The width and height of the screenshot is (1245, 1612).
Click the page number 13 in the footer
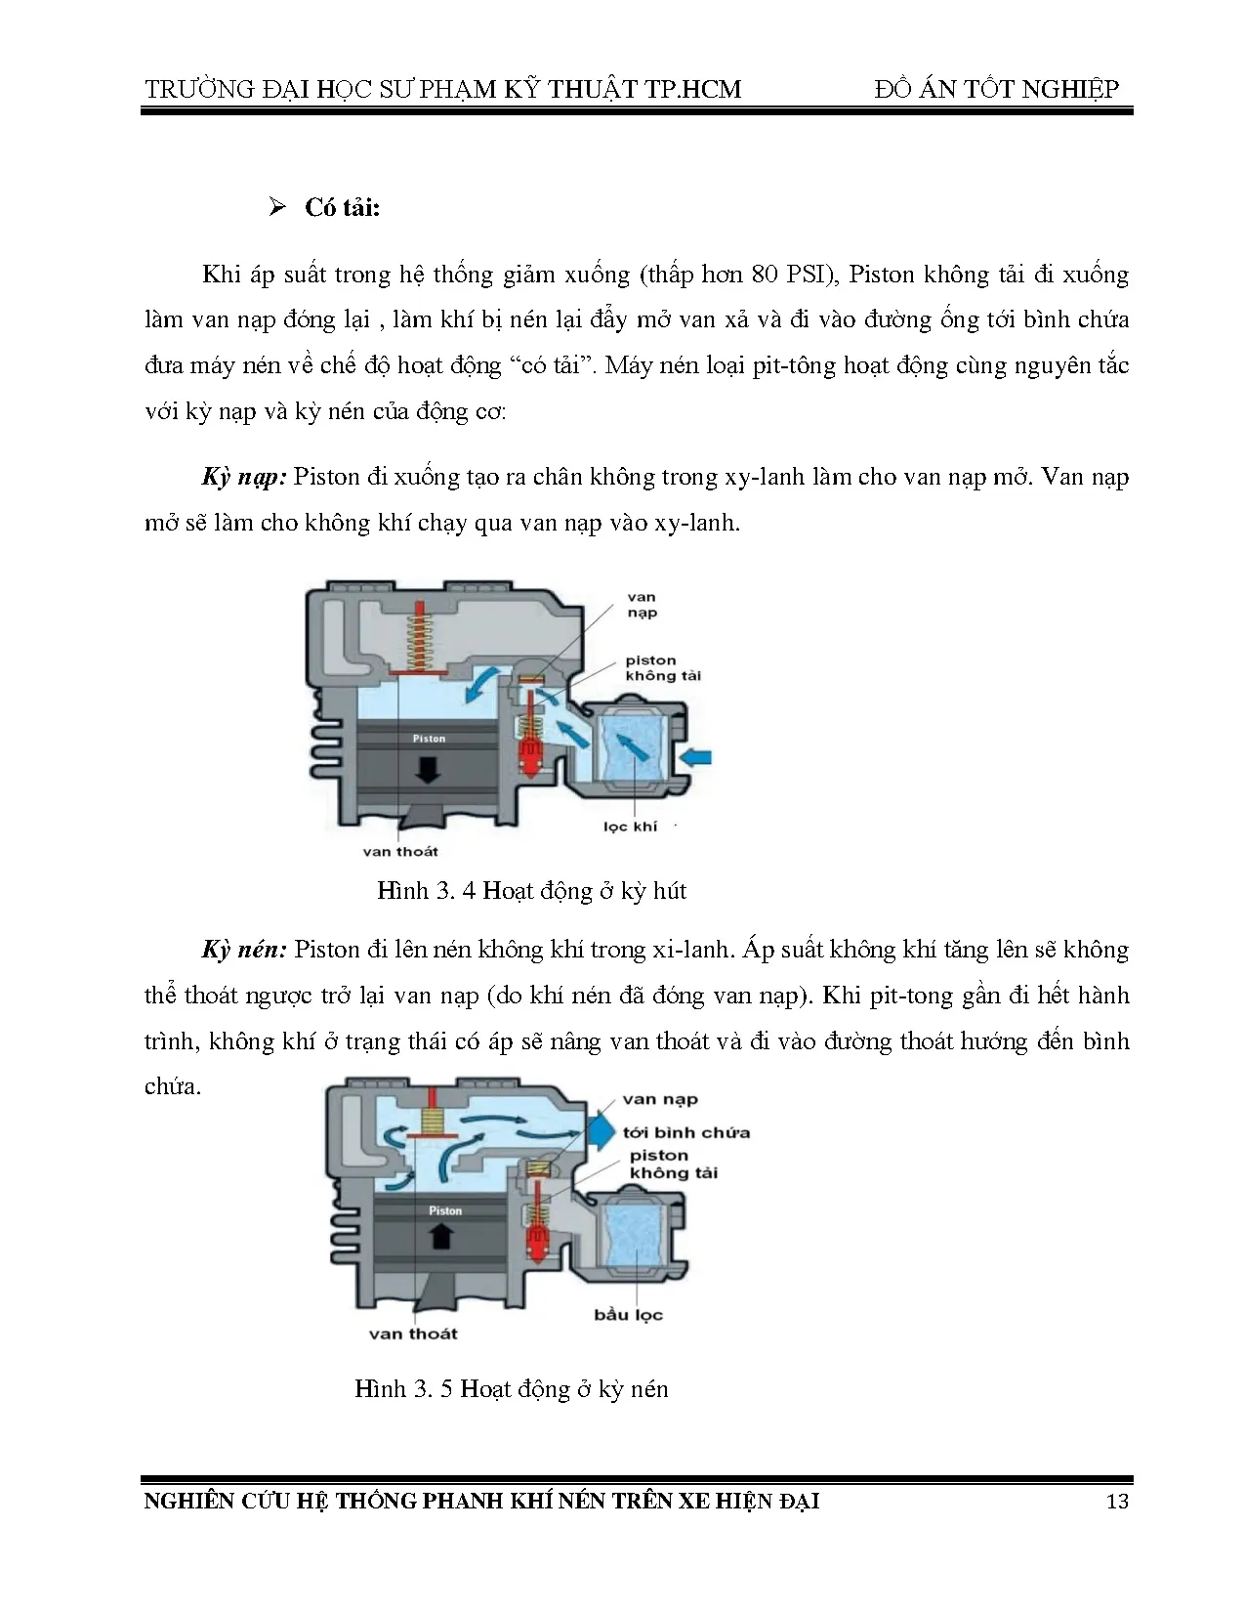click(x=1117, y=1501)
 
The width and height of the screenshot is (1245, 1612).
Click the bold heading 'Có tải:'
click(x=342, y=208)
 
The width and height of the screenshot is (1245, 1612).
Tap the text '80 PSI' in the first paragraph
click(x=792, y=275)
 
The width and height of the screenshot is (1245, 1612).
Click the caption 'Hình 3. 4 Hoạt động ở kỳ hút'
click(x=531, y=890)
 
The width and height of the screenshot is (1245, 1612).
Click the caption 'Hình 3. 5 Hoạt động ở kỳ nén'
click(x=511, y=1388)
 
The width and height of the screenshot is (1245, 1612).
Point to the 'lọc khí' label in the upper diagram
click(x=630, y=827)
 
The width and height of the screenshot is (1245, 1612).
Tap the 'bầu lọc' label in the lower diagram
click(x=628, y=1314)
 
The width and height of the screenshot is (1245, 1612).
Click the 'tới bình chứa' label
click(x=686, y=1132)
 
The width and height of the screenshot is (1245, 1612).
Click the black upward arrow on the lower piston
click(x=442, y=1237)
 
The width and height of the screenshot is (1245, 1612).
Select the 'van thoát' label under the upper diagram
click(x=399, y=851)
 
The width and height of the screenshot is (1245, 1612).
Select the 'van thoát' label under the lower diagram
click(x=413, y=1334)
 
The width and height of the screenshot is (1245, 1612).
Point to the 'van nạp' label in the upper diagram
click(x=642, y=605)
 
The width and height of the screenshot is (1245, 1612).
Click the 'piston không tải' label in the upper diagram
click(x=663, y=668)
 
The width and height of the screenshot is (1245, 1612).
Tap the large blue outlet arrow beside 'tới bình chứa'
click(x=600, y=1131)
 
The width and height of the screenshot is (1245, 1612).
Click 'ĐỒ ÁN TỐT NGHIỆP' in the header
click(x=997, y=89)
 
